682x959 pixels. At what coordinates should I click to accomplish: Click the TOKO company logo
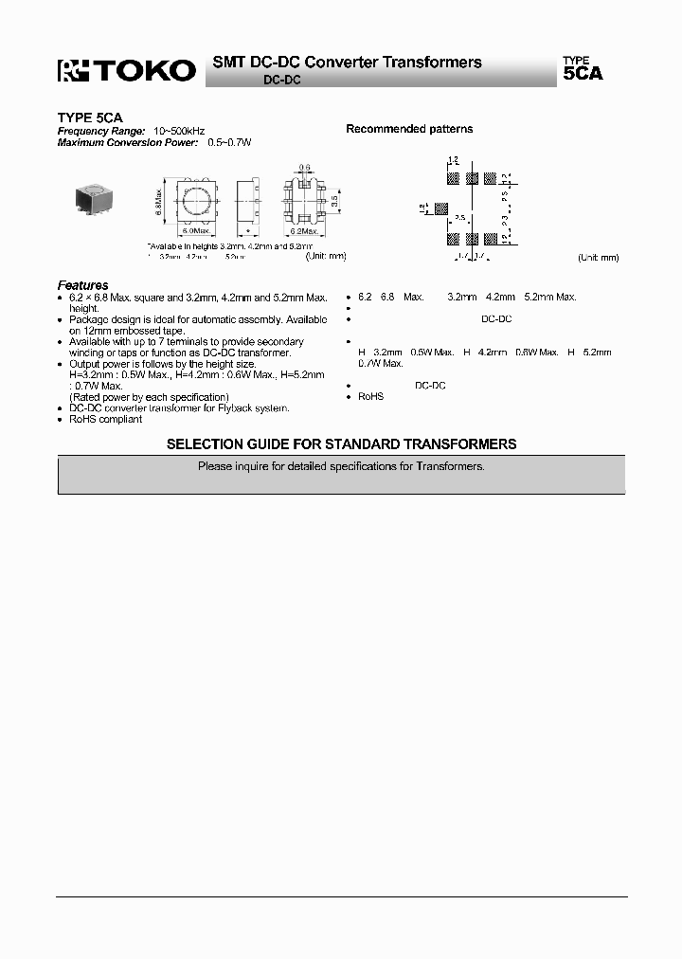point(127,70)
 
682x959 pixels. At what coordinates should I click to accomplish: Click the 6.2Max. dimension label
point(305,230)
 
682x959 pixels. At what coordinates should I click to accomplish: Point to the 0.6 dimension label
point(305,168)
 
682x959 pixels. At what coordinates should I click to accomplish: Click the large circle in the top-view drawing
point(195,201)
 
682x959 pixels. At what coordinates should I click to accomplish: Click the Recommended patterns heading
point(409,129)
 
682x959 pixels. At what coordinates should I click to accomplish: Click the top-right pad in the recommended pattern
point(490,177)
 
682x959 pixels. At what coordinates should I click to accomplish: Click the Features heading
point(82,284)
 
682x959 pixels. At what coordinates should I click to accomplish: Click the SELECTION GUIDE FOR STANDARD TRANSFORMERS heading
point(341,443)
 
